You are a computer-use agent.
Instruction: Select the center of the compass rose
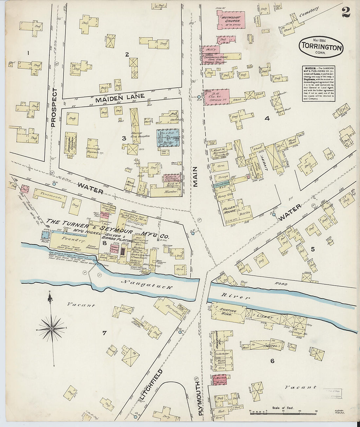52,328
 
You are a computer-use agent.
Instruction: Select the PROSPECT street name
54,107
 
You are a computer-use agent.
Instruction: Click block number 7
104,333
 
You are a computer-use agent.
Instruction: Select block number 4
267,119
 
